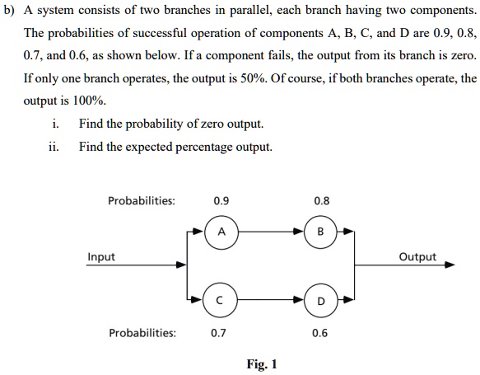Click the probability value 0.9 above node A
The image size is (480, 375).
221,201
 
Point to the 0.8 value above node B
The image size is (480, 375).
322,201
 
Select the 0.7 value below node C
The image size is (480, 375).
218,333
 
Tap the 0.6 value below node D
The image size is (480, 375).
319,333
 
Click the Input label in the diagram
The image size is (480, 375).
101,257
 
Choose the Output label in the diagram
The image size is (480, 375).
417,257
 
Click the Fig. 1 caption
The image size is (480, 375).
262,364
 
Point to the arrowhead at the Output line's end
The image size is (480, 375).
450,265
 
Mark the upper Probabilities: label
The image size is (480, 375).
142,201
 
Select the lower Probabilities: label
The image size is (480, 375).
142,333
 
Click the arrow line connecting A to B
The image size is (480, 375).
271,232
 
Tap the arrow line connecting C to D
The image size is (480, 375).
271,299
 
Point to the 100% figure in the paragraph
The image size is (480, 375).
90,101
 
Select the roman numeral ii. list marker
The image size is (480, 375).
54,147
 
